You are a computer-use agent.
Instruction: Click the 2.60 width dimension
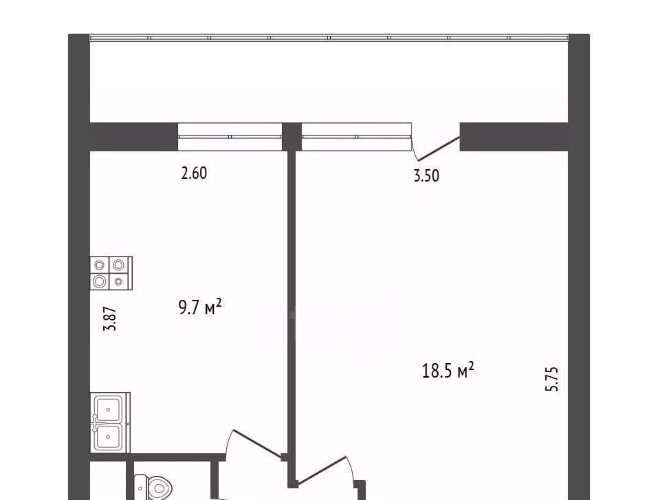coord(194,173)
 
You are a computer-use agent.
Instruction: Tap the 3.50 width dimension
coord(426,175)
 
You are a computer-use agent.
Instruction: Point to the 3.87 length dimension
coord(110,318)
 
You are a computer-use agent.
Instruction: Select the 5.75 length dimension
coord(552,379)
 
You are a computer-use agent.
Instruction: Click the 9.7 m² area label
coord(200,307)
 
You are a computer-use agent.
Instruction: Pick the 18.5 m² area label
coord(448,370)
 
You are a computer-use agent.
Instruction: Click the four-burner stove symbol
coord(111,273)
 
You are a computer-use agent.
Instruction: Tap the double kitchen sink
coord(110,423)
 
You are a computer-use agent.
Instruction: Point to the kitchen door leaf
coord(257,444)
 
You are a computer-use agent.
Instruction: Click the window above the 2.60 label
coord(230,137)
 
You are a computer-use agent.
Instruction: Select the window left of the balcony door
coord(356,137)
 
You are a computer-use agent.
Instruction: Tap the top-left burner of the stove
coord(100,265)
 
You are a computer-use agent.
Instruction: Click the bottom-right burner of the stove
coord(119,281)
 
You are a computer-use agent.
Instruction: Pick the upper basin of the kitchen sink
coord(108,409)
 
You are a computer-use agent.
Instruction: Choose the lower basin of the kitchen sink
coord(108,437)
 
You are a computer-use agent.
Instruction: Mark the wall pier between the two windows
coord(292,137)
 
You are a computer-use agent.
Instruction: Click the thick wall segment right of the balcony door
coord(514,137)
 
